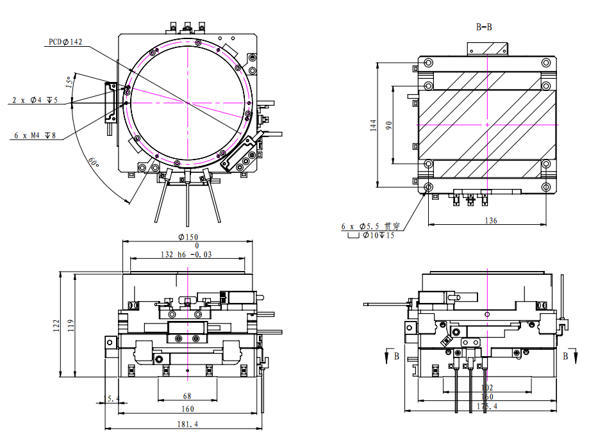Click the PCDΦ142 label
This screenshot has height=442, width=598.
tap(65, 42)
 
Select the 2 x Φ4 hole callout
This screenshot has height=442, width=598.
tap(35, 101)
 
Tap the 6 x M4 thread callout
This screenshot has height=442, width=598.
tap(35, 136)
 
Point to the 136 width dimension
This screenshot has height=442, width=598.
tap(490, 220)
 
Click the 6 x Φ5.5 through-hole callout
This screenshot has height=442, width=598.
tap(370, 227)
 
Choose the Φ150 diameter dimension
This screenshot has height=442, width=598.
tap(188, 237)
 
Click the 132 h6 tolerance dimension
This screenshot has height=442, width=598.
tap(186, 254)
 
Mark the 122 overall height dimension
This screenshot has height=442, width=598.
tap(57, 325)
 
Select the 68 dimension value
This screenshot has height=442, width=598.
tap(187, 397)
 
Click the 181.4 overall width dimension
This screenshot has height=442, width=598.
tap(187, 424)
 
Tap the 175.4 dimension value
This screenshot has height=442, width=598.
tap(486, 406)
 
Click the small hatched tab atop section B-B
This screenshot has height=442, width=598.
tap(488, 49)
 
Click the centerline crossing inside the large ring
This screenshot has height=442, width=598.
tap(187, 102)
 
